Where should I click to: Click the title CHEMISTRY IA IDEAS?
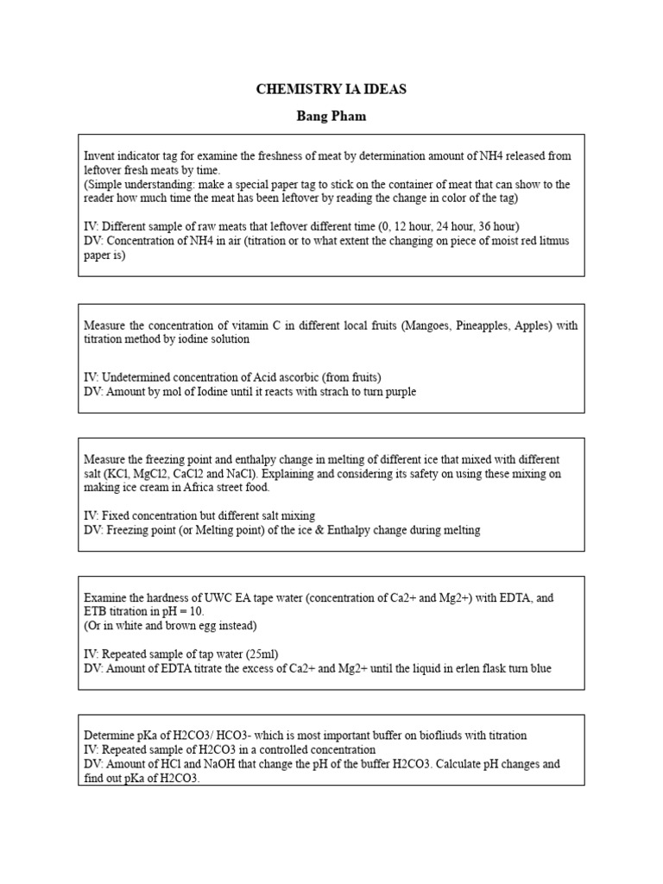pyautogui.click(x=331, y=90)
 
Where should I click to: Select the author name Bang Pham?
pyautogui.click(x=331, y=115)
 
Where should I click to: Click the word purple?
pyautogui.click(x=395, y=391)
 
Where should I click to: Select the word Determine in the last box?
pyautogui.click(x=109, y=736)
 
